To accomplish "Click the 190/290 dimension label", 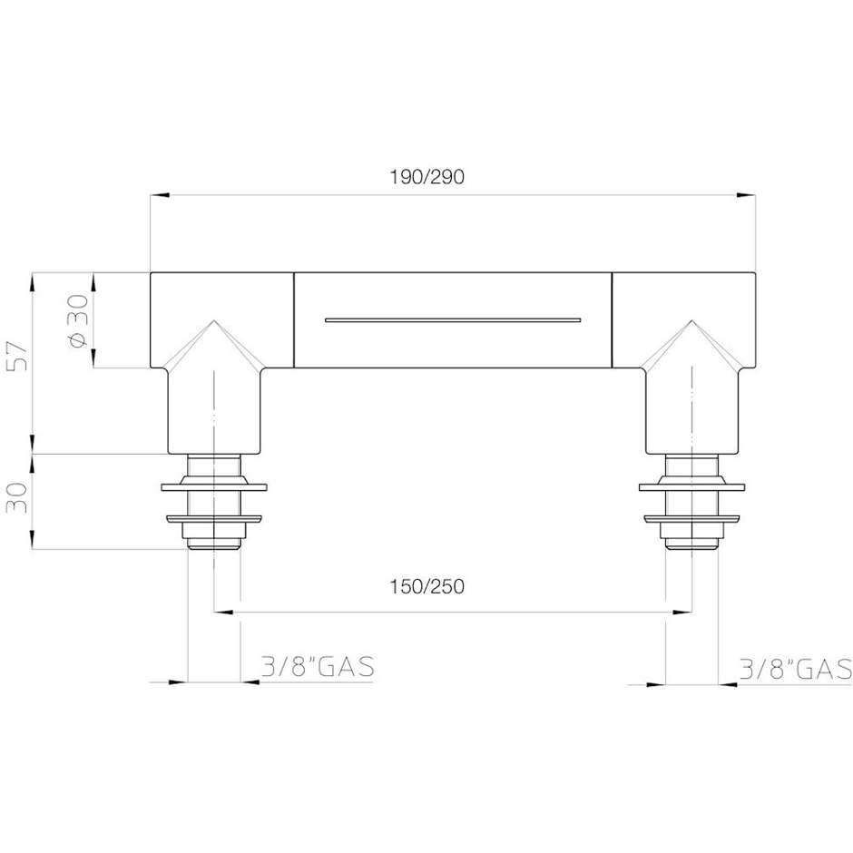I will click(x=426, y=177).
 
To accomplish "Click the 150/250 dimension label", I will click(x=426, y=586).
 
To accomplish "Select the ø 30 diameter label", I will click(x=78, y=319).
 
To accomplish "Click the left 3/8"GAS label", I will click(x=317, y=669).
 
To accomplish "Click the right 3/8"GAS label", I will click(x=795, y=669).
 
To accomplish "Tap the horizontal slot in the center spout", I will click(x=452, y=319).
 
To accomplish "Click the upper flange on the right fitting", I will click(x=692, y=487).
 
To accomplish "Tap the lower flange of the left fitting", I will click(x=214, y=520).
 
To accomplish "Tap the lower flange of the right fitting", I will click(x=692, y=520).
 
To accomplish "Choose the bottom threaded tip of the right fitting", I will click(x=692, y=544).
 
